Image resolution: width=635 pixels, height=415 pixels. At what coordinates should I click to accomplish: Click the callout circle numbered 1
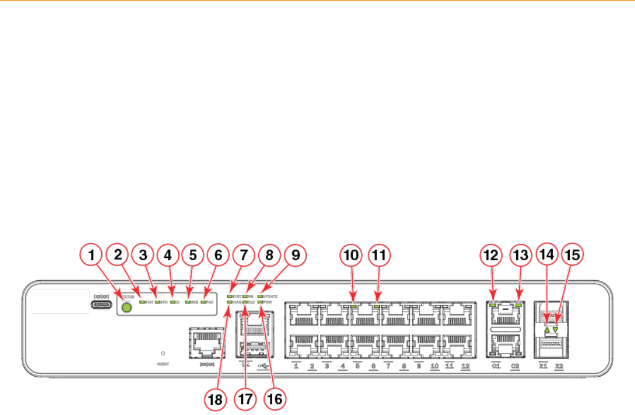pyautogui.click(x=91, y=256)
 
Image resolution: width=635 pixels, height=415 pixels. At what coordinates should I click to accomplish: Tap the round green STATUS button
pyautogui.click(x=125, y=307)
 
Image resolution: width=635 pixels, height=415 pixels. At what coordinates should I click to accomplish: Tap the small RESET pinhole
pyautogui.click(x=163, y=353)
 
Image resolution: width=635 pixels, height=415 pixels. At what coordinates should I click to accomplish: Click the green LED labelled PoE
pyautogui.click(x=202, y=302)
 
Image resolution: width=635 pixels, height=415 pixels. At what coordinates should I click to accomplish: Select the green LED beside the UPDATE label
pyautogui.click(x=260, y=296)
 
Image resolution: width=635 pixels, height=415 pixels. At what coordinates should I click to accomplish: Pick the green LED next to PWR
pyautogui.click(x=260, y=301)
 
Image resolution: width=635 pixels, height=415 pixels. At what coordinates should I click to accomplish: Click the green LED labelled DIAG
pyautogui.click(x=229, y=301)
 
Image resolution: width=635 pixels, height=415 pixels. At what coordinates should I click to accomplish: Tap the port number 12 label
pyautogui.click(x=465, y=366)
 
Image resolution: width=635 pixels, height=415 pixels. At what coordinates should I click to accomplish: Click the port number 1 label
pyautogui.click(x=296, y=366)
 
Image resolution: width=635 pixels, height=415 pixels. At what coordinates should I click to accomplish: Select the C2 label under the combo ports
pyautogui.click(x=515, y=366)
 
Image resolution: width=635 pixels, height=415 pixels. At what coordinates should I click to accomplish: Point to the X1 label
pyautogui.click(x=543, y=366)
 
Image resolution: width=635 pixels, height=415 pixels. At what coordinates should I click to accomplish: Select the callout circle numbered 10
pyautogui.click(x=352, y=256)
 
